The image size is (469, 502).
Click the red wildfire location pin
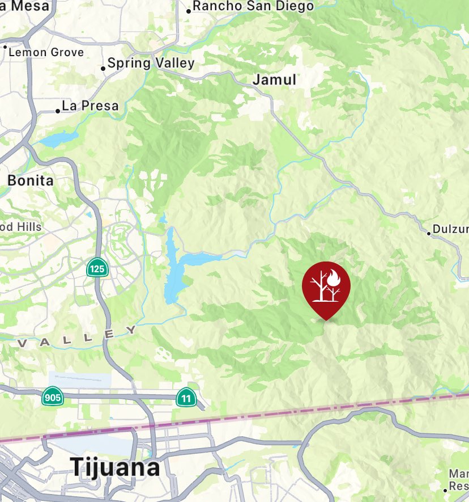tap(326, 286)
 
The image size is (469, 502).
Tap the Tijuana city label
tap(115, 467)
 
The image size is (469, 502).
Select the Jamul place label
tap(274, 80)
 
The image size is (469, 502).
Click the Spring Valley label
tap(151, 63)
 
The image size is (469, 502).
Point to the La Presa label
tap(90, 106)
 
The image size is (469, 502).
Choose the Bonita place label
tap(31, 181)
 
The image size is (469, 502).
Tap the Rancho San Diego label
tap(253, 7)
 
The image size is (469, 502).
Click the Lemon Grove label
tap(46, 52)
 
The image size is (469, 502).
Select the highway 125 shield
tap(96, 268)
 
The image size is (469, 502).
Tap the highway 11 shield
tap(185, 397)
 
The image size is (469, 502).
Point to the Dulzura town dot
tap(429, 233)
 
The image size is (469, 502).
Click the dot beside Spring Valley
tap(103, 69)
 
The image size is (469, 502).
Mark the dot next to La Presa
tap(58, 111)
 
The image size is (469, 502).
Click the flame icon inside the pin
tap(334, 278)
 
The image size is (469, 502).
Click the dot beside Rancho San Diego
tap(189, 11)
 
